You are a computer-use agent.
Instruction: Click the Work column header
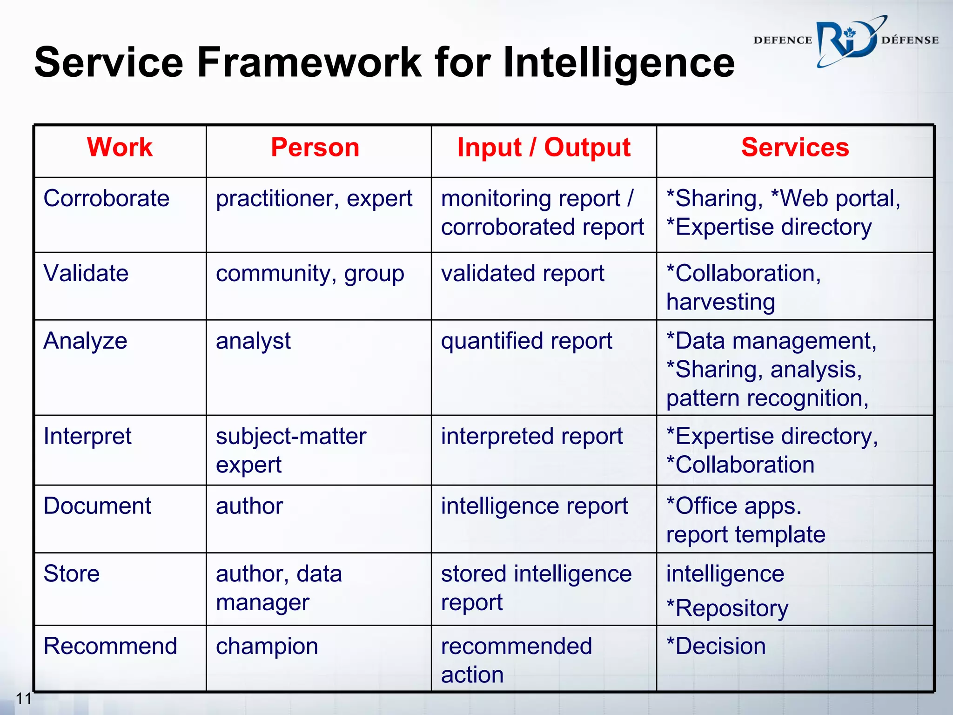click(x=120, y=148)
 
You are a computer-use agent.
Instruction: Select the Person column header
click(x=315, y=148)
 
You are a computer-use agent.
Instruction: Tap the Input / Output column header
click(x=544, y=148)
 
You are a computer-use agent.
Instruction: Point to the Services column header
click(x=795, y=148)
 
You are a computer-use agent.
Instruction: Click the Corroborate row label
click(x=106, y=198)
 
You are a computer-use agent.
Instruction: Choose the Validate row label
click(x=86, y=273)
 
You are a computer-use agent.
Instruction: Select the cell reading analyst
click(x=253, y=341)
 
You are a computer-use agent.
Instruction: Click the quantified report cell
click(x=526, y=341)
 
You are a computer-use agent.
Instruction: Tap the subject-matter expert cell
click(x=291, y=450)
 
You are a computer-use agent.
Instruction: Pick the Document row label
click(x=97, y=506)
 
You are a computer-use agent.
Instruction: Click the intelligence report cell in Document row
click(x=534, y=506)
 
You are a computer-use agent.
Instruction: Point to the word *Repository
click(x=727, y=608)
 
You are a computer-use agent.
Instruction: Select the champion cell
click(x=267, y=646)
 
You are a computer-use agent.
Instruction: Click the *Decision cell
click(x=716, y=646)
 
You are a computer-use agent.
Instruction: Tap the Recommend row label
click(x=110, y=646)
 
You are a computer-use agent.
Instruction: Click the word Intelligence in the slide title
click(x=618, y=62)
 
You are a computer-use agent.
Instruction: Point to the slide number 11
click(x=24, y=698)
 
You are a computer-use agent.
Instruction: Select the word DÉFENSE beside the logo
click(x=910, y=40)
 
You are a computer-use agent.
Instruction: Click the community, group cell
click(x=310, y=274)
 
